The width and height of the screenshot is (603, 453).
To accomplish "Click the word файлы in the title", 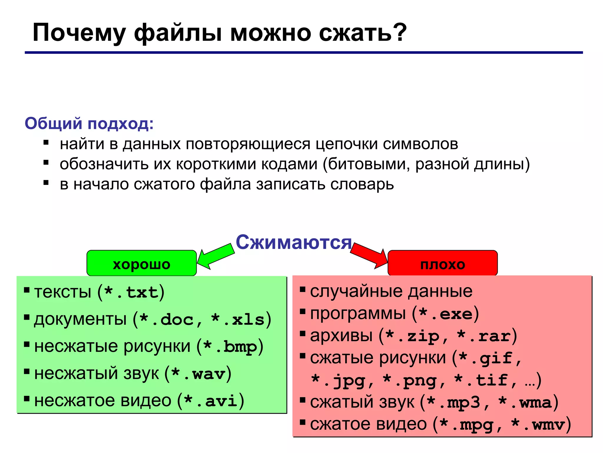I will [x=178, y=33].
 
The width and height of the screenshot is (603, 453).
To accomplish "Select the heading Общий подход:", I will [x=89, y=123].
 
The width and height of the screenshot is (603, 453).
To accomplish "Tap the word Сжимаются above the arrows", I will [x=294, y=242].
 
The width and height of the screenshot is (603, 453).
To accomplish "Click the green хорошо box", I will [x=141, y=263].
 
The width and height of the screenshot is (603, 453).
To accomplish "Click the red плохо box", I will [x=443, y=263].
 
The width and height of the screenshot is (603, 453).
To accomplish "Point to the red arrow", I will [x=369, y=255].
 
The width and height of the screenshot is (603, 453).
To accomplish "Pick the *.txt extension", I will [x=131, y=292].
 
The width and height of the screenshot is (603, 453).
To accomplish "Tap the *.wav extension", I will [x=198, y=374].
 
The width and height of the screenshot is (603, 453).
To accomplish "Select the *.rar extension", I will [x=484, y=336].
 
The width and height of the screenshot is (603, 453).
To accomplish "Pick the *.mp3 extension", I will [x=453, y=403].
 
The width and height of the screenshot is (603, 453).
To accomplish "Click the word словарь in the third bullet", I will [x=362, y=184].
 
